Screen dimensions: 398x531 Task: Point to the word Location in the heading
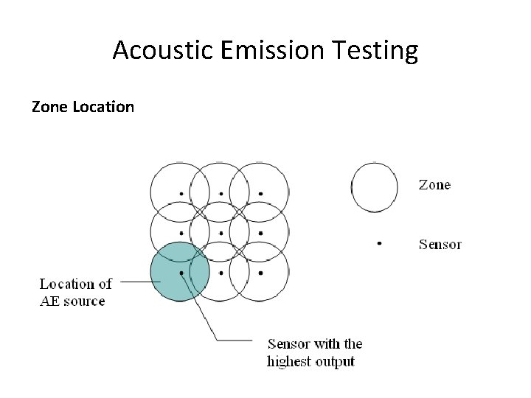coord(103,107)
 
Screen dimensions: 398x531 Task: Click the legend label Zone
coord(434,185)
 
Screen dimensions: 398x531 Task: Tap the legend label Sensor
coord(440,244)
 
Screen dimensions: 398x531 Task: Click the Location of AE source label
coord(76,292)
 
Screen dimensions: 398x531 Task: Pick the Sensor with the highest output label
coord(315,352)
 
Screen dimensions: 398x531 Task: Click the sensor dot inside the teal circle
coord(181,273)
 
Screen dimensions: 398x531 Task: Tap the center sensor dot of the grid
coord(221,234)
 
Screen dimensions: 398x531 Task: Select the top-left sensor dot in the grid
coord(181,195)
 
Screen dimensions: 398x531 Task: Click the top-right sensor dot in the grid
coord(260,195)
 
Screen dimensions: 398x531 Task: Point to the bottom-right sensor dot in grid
coord(260,273)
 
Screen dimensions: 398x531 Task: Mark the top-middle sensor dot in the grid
coord(221,195)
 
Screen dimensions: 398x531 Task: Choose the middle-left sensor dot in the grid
coord(181,234)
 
